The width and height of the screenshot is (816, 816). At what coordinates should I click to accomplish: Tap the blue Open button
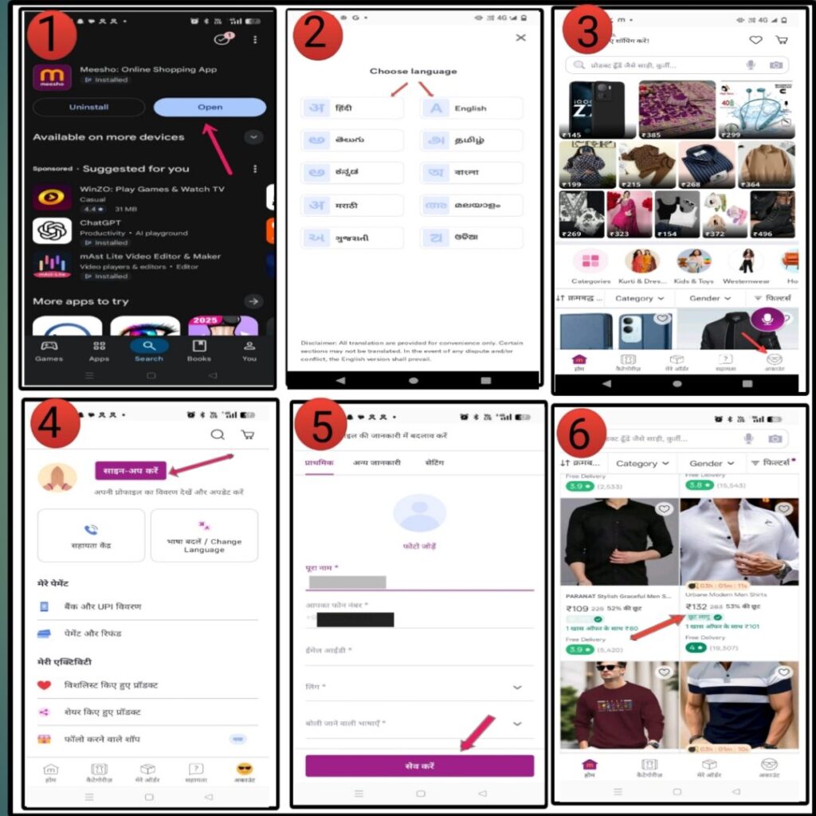[x=210, y=107]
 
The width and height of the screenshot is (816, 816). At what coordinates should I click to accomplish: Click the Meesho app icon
[x=52, y=77]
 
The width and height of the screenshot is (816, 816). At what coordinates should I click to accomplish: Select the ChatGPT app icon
[x=52, y=231]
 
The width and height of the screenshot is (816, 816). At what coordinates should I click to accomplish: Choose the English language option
[x=471, y=108]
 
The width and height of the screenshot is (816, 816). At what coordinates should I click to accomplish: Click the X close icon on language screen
[x=520, y=37]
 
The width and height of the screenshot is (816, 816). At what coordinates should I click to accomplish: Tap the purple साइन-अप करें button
[x=131, y=471]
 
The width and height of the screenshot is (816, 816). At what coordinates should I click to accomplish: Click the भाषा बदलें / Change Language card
[x=204, y=535]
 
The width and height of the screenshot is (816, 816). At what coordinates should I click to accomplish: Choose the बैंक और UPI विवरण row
[x=103, y=606]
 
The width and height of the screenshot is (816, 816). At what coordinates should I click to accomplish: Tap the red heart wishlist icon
[x=45, y=685]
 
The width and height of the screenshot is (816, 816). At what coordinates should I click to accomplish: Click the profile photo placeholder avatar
[x=419, y=512]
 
